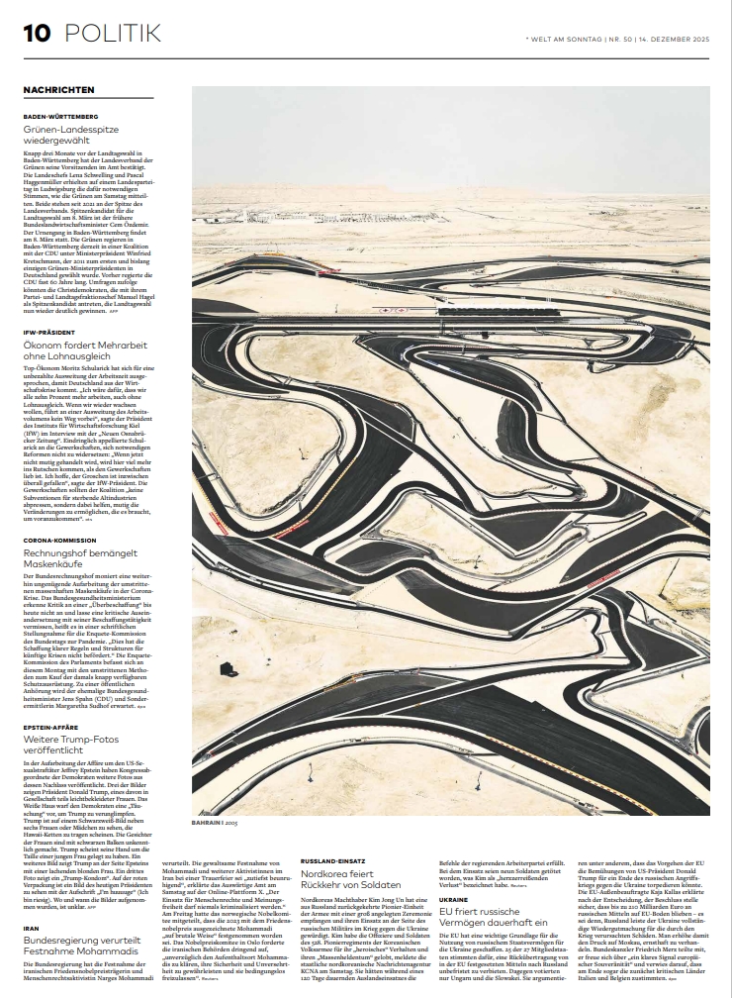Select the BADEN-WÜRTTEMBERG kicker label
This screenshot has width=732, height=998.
click(x=60, y=117)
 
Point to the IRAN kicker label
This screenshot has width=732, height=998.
click(x=33, y=927)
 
